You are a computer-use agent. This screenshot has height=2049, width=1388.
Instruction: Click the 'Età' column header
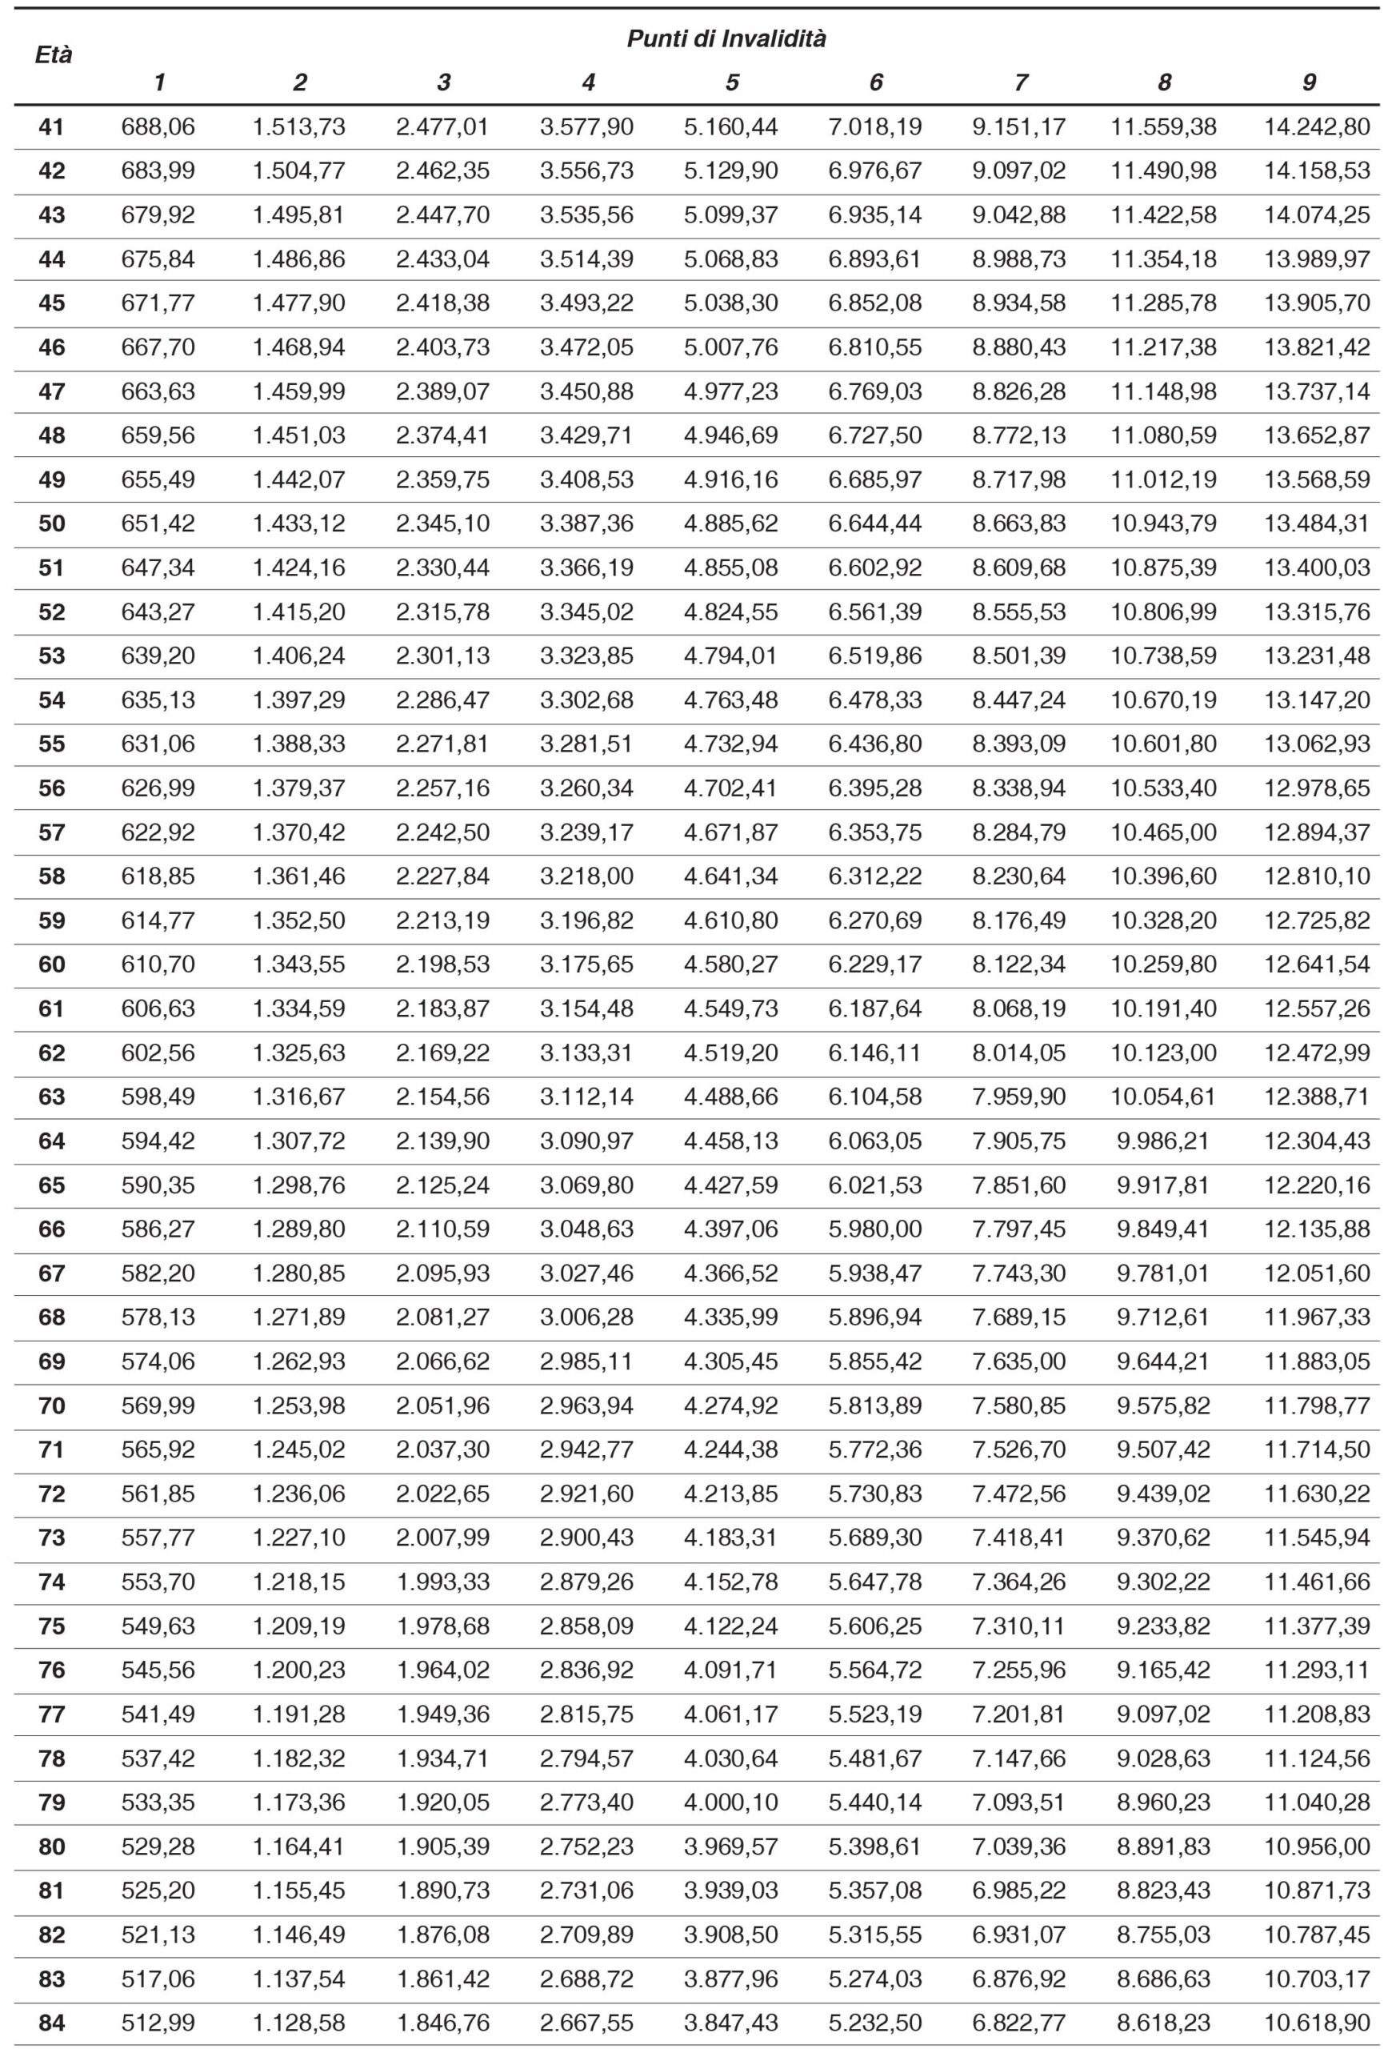coord(53,54)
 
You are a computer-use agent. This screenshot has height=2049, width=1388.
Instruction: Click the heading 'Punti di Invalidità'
coord(726,38)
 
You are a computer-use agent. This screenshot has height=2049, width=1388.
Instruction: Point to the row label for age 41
coord(52,127)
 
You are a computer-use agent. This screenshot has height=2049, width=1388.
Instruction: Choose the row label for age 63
coord(52,1097)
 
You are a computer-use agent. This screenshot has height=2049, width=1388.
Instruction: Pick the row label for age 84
coord(52,2023)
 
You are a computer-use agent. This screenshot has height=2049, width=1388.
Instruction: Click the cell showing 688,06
coord(158,127)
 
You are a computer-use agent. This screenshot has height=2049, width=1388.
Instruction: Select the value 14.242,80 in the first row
coord(1317,127)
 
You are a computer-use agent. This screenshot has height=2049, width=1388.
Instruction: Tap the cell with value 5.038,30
coord(730,303)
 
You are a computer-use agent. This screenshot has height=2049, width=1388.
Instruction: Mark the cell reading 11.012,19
coord(1163,479)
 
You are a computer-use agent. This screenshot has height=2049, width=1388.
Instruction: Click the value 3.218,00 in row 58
coord(586,876)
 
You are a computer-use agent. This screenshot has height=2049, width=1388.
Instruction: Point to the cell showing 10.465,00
coord(1163,832)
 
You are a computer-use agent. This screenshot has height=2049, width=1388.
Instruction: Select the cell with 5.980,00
coord(875,1229)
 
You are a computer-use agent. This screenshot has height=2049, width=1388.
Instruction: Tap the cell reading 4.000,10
coord(730,1802)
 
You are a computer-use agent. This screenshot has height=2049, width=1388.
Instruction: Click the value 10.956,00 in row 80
coord(1317,1847)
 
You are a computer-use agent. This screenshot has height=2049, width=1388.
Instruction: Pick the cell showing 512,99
coord(158,2023)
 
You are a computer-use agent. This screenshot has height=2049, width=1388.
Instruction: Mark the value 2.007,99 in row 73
coord(442,1538)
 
